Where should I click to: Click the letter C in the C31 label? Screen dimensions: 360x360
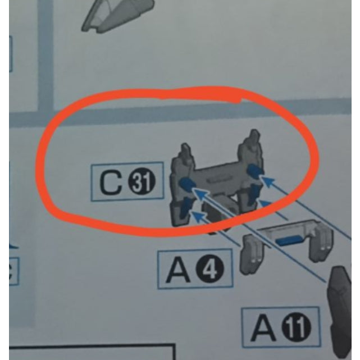[x=111, y=183]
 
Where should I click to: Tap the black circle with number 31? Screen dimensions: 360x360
[x=142, y=182]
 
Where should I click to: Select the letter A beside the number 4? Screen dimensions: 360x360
[x=178, y=270]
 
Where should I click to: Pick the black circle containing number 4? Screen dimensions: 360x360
[x=209, y=268]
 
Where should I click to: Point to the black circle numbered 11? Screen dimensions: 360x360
[x=296, y=327]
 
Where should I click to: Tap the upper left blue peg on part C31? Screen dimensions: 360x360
[x=187, y=184]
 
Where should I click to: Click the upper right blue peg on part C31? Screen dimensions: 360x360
[x=255, y=170]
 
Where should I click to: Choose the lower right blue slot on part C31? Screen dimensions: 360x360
[x=254, y=193]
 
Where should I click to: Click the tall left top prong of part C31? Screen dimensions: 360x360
[x=185, y=153]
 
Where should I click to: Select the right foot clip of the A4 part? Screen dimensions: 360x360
[x=321, y=243]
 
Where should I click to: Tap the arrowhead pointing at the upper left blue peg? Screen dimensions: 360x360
[x=198, y=193]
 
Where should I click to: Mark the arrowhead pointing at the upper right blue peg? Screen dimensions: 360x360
[x=268, y=181]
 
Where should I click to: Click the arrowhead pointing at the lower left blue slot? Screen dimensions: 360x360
[x=198, y=216]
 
